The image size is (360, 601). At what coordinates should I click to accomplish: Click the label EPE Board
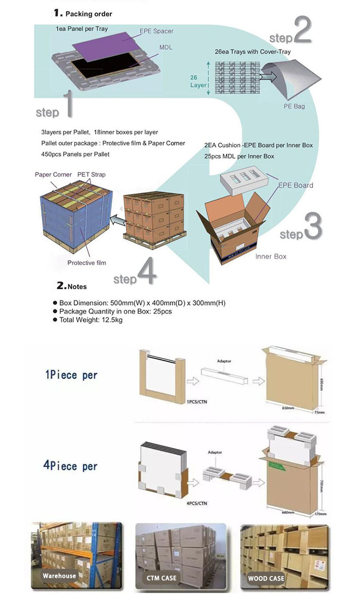(296, 185)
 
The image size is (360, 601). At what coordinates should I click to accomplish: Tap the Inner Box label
(271, 257)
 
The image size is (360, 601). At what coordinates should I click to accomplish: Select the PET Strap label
(91, 175)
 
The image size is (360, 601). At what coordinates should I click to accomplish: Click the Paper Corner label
(53, 175)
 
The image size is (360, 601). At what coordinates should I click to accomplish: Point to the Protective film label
(86, 262)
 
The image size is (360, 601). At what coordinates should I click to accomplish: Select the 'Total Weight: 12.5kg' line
(91, 320)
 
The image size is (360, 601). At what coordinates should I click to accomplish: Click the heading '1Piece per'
(71, 375)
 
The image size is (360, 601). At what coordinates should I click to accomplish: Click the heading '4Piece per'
(71, 466)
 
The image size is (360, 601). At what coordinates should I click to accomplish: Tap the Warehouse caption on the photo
(59, 576)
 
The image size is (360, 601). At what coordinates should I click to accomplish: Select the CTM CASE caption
(161, 578)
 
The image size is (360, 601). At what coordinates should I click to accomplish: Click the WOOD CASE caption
(266, 578)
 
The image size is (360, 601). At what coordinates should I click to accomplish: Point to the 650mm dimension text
(288, 408)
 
